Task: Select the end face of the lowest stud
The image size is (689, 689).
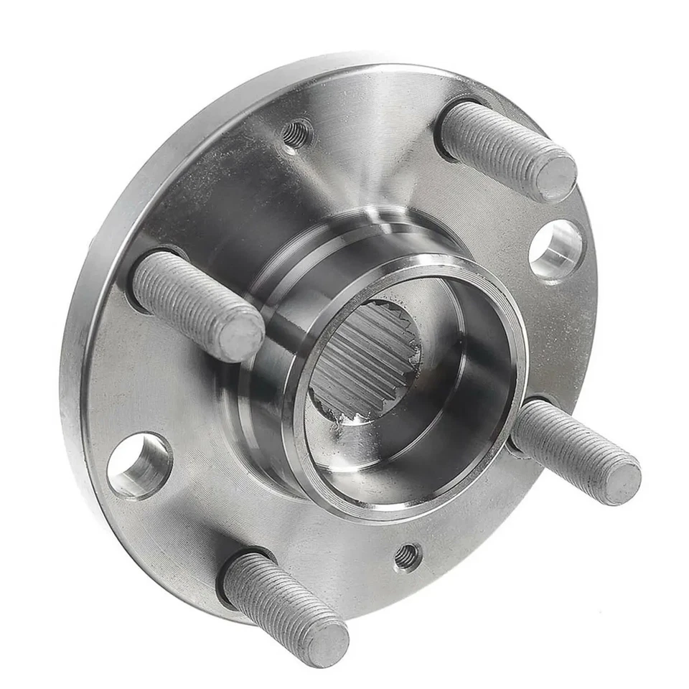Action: click(x=325, y=641)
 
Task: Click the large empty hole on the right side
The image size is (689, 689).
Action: click(x=556, y=248)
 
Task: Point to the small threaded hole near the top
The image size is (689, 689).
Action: click(x=297, y=132)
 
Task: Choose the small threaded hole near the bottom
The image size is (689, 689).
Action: click(x=407, y=556)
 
